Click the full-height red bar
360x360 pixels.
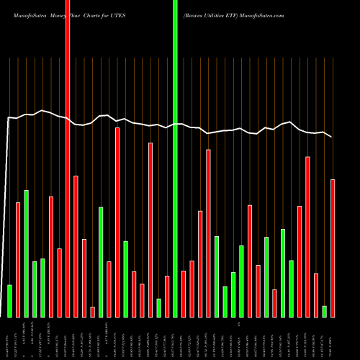pos(68,158)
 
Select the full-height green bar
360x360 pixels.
pos(175,158)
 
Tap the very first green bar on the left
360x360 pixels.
pos(10,301)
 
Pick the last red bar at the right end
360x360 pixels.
pos(333,248)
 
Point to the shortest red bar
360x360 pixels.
pos(93,312)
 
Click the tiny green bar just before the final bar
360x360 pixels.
pos(324,311)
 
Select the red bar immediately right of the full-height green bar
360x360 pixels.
pos(184,294)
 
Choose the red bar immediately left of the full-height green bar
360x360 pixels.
pos(167,296)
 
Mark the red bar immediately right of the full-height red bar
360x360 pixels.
pos(76,246)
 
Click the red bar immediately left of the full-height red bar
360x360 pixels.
pos(60,282)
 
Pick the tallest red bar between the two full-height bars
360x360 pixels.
pos(117,222)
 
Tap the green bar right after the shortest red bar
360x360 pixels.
pos(101,262)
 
